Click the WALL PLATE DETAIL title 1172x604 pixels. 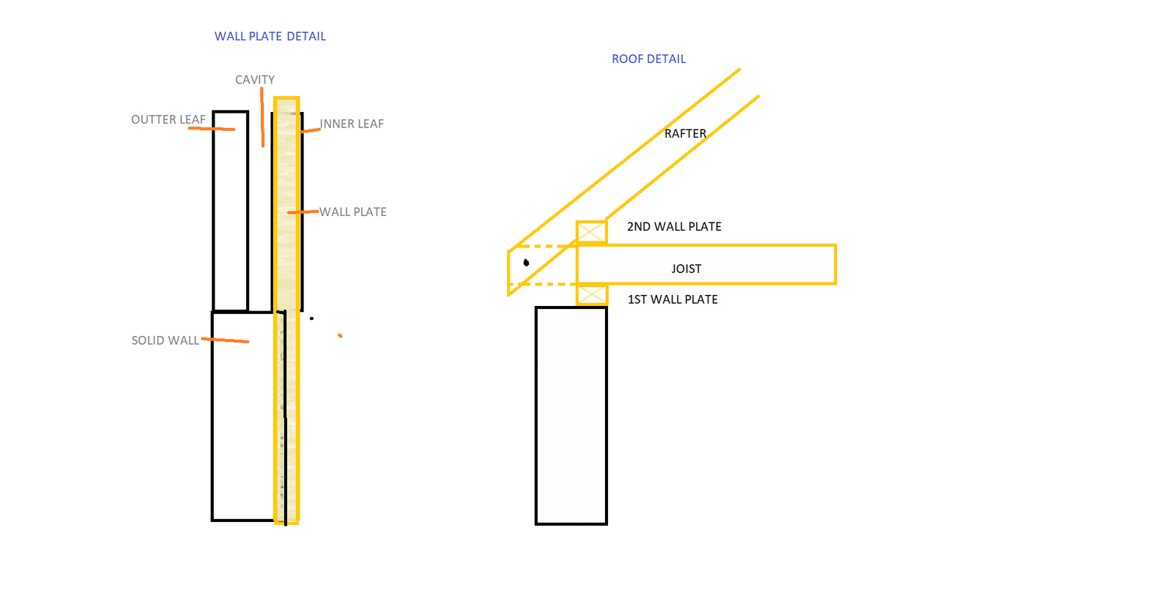[x=270, y=36]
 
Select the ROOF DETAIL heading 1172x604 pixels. [x=649, y=59]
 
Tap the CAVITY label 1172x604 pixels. [x=255, y=80]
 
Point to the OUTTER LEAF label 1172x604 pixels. [x=168, y=119]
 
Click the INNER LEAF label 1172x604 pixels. [x=352, y=124]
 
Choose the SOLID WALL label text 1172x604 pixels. [x=166, y=340]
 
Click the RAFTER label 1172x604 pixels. [x=686, y=133]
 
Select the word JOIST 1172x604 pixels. [x=686, y=269]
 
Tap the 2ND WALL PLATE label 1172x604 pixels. [x=675, y=226]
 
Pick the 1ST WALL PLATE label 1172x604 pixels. [x=673, y=299]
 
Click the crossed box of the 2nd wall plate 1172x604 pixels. [x=592, y=232]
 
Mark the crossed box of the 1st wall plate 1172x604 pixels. [x=592, y=295]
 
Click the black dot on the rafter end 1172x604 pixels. [x=527, y=263]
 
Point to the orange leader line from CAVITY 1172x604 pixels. [x=262, y=117]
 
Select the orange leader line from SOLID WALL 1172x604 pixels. [x=225, y=340]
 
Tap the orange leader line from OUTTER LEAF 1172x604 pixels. [x=212, y=129]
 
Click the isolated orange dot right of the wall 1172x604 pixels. [x=340, y=335]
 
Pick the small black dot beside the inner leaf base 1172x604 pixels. [x=311, y=318]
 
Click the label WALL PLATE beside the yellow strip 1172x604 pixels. [x=353, y=212]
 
